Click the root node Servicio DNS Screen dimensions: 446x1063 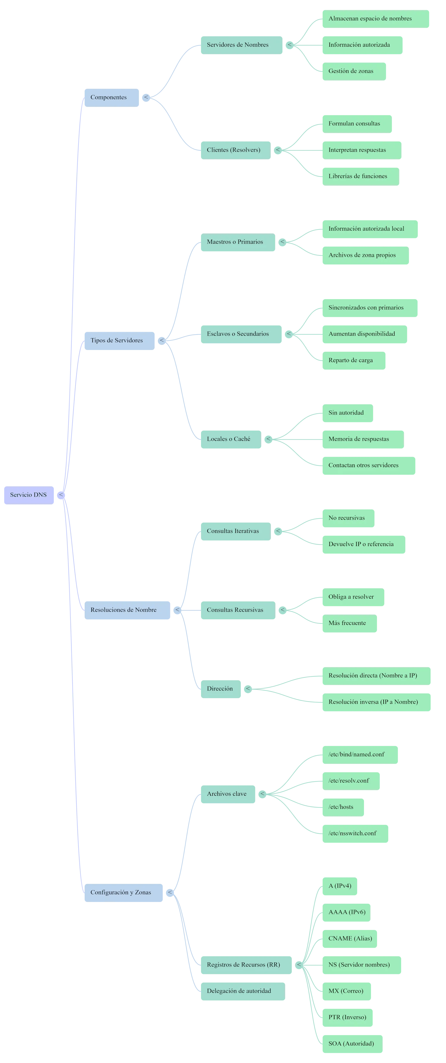click(x=29, y=495)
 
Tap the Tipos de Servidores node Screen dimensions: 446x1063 click(x=120, y=340)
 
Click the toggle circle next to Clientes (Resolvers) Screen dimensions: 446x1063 click(x=278, y=150)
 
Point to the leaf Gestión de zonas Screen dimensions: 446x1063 click(x=354, y=71)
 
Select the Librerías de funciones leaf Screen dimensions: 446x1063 click(x=361, y=176)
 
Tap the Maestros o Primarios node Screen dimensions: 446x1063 click(x=238, y=242)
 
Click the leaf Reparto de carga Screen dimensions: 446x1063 click(x=354, y=360)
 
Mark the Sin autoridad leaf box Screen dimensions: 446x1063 click(x=348, y=413)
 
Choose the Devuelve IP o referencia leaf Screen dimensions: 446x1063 click(x=364, y=544)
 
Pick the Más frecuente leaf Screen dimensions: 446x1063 click(x=350, y=623)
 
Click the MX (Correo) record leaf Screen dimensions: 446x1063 click(x=347, y=991)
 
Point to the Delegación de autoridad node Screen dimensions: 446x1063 click(x=243, y=991)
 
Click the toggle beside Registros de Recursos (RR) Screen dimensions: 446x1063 click(x=299, y=965)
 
